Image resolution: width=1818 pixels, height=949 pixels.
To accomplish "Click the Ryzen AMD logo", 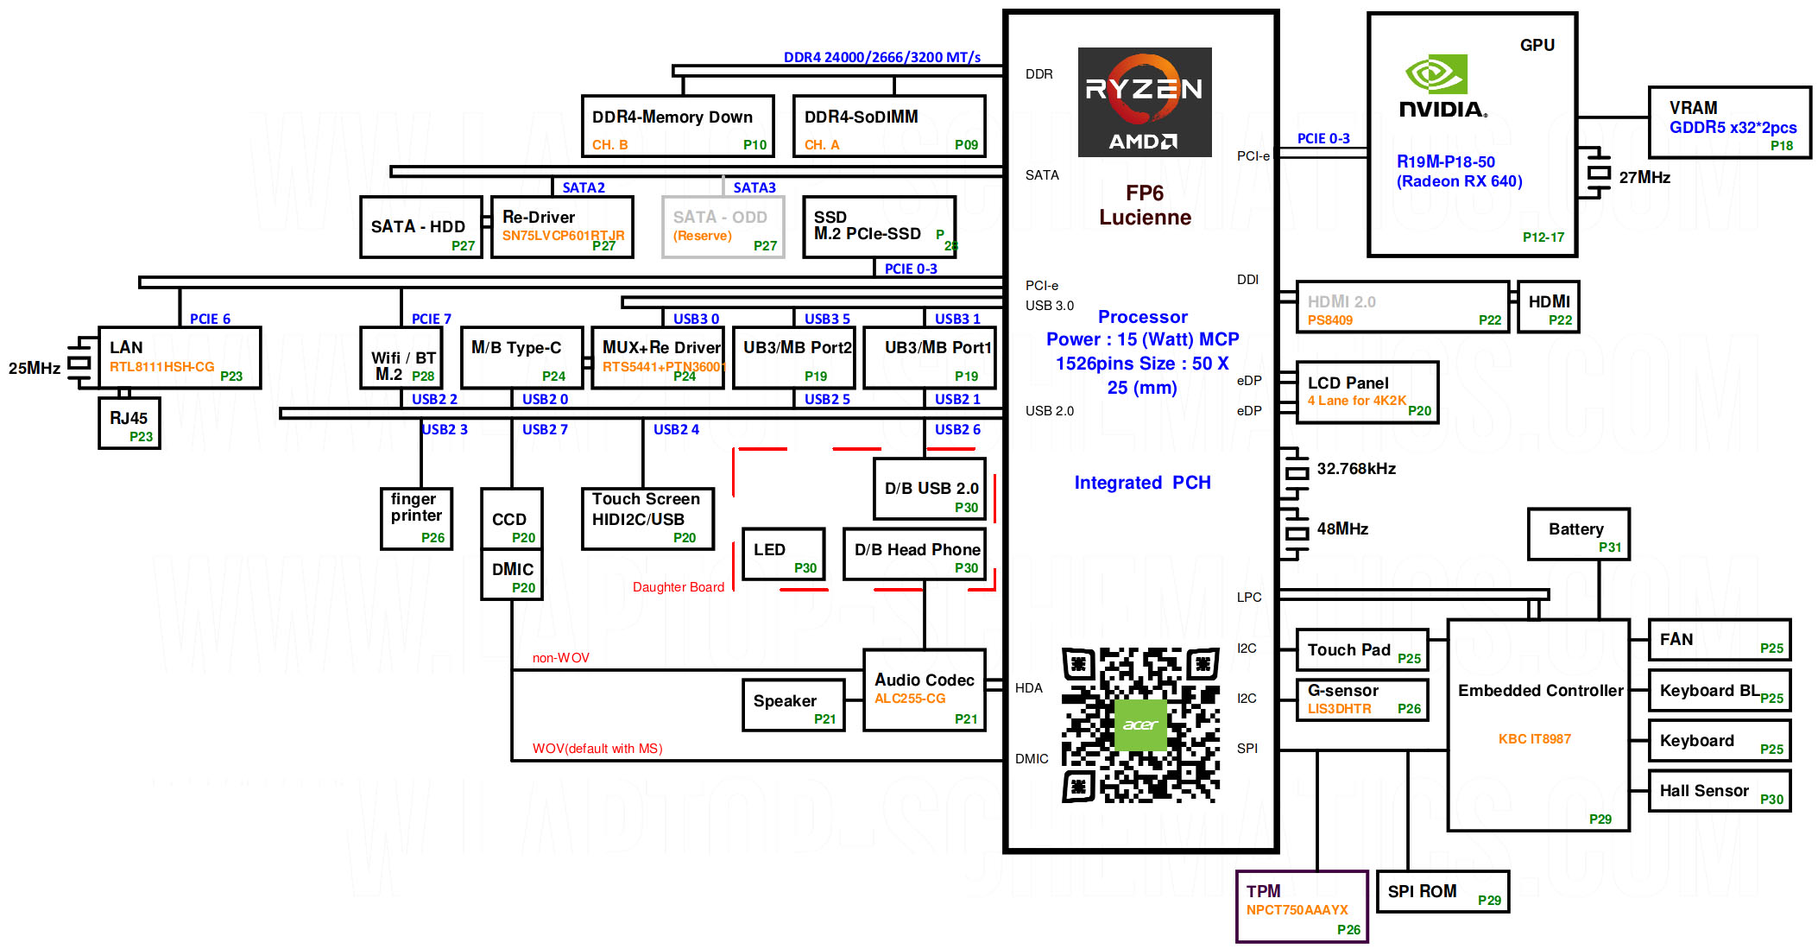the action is coord(1145,102).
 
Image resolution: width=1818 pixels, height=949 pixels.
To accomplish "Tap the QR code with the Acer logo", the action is coord(1140,724).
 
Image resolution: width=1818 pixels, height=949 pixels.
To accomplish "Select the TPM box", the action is coord(1302,906).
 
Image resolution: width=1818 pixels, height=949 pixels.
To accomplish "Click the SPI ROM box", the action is coord(1442,891).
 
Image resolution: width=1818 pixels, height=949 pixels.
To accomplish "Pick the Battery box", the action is coord(1578,535).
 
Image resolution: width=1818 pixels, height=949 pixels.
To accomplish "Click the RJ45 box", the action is coord(129,423).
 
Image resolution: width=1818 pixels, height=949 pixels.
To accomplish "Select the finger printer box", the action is coord(417,518).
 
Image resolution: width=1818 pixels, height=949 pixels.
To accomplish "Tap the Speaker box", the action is coord(793,705).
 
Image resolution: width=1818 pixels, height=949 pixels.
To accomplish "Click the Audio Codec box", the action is coord(925,690).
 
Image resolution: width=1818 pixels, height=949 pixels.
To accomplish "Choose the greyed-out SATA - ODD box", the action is coord(723,227).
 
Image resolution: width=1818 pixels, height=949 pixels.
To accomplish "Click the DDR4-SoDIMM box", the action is coord(889,126).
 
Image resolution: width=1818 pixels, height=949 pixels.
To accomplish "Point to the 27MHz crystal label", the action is coord(1644,177).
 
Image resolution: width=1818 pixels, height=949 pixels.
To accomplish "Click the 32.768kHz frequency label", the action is coord(1356,469).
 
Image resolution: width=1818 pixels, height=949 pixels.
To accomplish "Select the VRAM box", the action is coord(1730,122).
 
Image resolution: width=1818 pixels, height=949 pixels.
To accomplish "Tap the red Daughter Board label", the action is coord(679,587).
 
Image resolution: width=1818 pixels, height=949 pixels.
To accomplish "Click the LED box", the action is coord(784,554).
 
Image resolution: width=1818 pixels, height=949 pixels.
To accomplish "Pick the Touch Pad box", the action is coord(1362,650).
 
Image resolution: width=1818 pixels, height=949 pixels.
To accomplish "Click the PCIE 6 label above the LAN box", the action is coord(210,319).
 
